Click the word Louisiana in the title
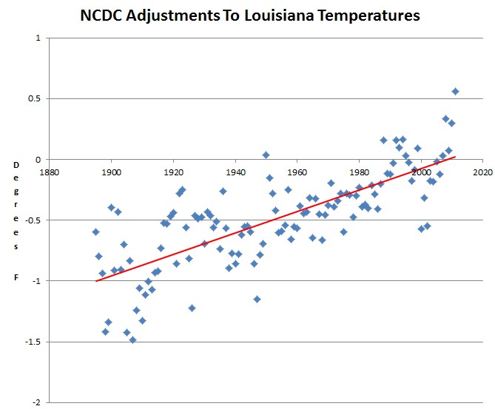pyautogui.click(x=279, y=15)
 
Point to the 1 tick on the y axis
pyautogui.click(x=38, y=38)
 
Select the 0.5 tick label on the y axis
pyautogui.click(x=35, y=98)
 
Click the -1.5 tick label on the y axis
pyautogui.click(x=33, y=342)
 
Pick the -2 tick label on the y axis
pyautogui.click(x=36, y=402)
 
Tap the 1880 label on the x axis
pyautogui.click(x=50, y=172)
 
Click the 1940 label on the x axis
pyautogui.click(x=235, y=172)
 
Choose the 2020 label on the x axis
pyautogui.click(x=483, y=172)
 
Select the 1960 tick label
pyautogui.click(x=297, y=172)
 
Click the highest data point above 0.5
pyautogui.click(x=455, y=92)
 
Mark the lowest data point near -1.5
pyautogui.click(x=132, y=340)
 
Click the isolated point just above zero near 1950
pyautogui.click(x=266, y=155)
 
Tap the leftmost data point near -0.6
pyautogui.click(x=95, y=232)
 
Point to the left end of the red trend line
pyautogui.click(x=96, y=281)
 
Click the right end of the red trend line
pyautogui.click(x=455, y=157)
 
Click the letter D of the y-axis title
pyautogui.click(x=16, y=165)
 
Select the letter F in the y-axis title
pyautogui.click(x=16, y=277)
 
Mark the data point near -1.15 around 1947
pyautogui.click(x=257, y=299)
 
